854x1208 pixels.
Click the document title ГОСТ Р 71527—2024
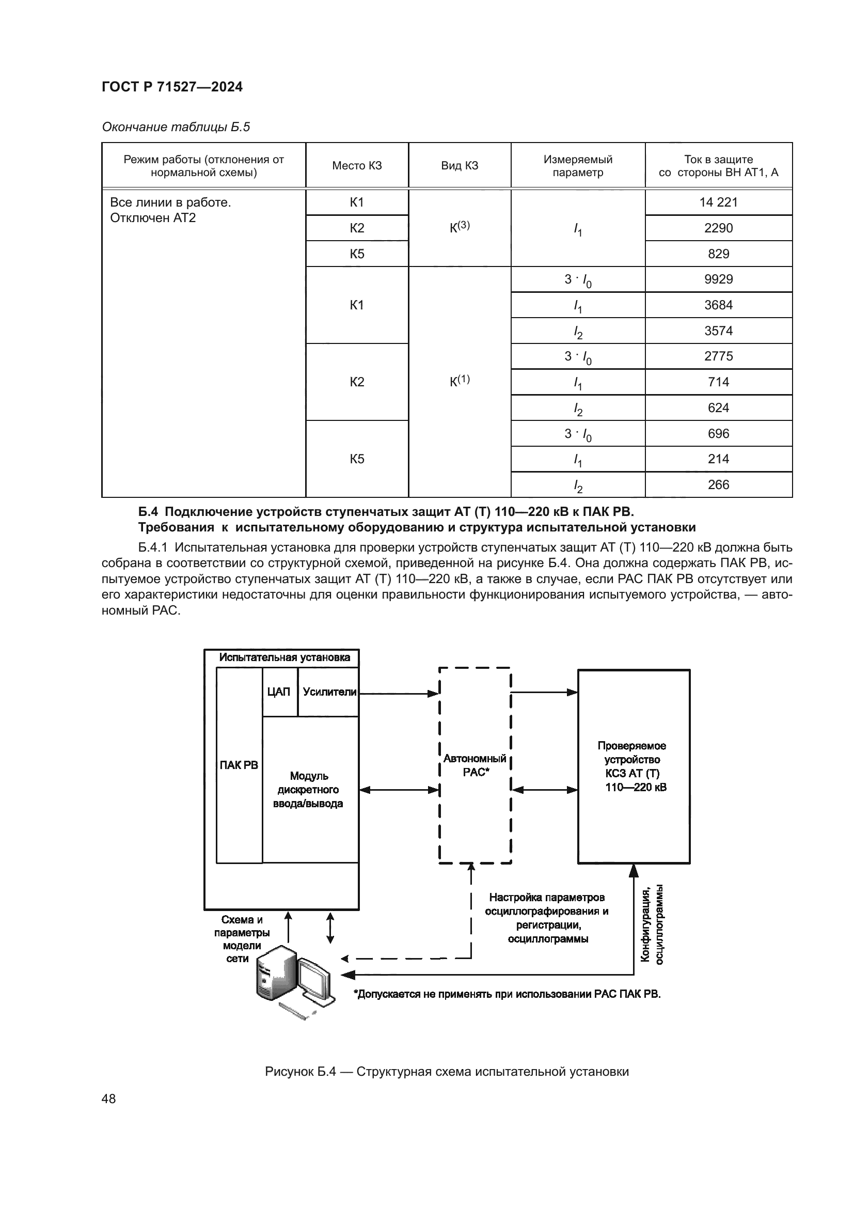[x=172, y=87]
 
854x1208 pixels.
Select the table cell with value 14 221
[x=718, y=202]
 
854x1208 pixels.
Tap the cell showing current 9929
[x=718, y=279]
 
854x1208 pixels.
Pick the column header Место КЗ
[x=357, y=166]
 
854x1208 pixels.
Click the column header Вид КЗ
[x=459, y=166]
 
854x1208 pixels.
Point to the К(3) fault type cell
[x=459, y=227]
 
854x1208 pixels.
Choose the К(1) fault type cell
[x=459, y=381]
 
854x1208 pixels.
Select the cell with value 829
[x=718, y=254]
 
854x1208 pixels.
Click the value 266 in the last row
[x=718, y=484]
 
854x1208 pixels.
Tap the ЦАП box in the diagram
[x=279, y=692]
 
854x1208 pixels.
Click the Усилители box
[x=329, y=692]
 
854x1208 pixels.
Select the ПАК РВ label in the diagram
[x=239, y=765]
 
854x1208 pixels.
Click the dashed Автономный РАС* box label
[x=475, y=765]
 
